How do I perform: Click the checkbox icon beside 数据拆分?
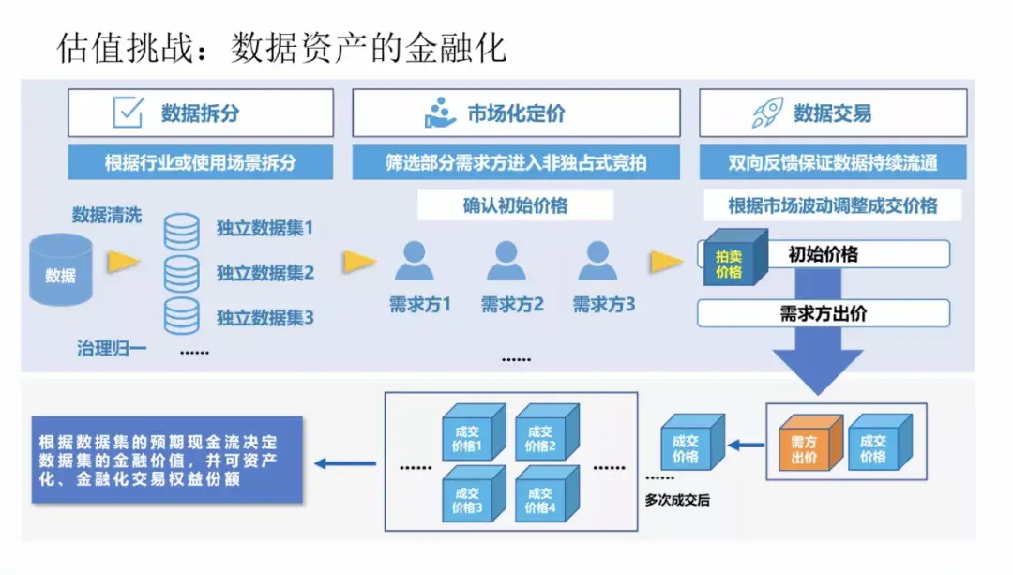tap(129, 113)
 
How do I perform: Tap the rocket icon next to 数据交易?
tap(766, 113)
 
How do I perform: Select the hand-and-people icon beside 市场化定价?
tap(440, 113)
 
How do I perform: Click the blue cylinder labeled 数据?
tap(61, 271)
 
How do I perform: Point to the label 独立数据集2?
tap(265, 273)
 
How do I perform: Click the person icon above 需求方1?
tap(414, 262)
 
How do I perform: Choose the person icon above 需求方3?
tap(597, 262)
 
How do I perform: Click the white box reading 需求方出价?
tap(823, 313)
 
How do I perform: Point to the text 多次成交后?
tap(677, 500)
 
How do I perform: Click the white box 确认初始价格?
tap(515, 205)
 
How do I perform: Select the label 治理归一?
tap(112, 349)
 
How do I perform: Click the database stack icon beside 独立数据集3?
tap(181, 316)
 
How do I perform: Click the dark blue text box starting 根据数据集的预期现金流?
tap(166, 459)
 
